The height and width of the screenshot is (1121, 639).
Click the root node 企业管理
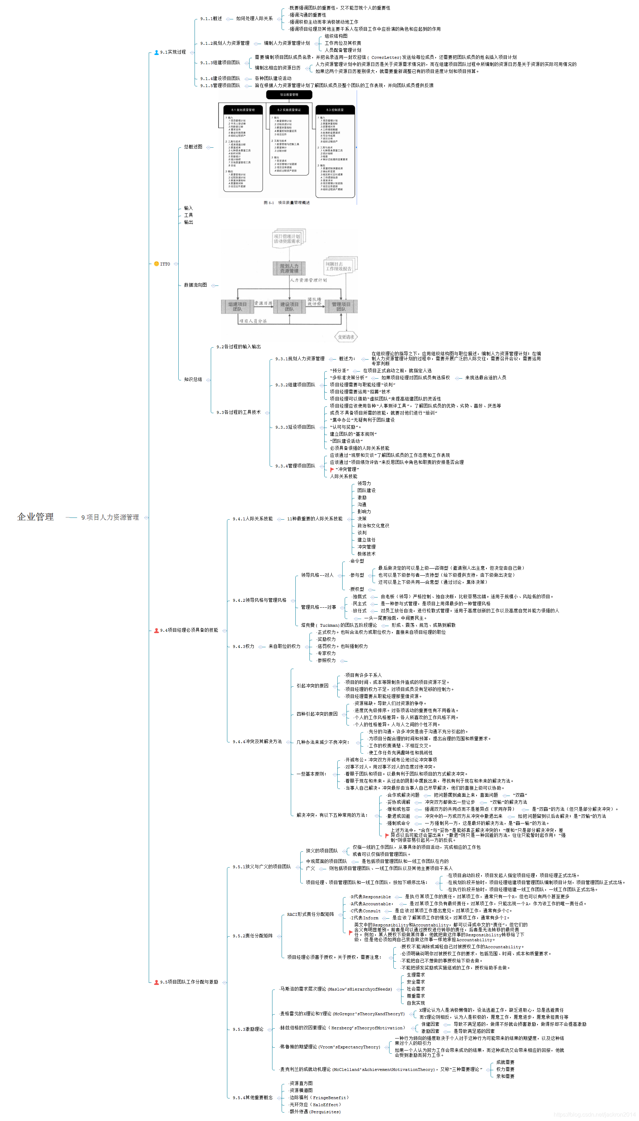coord(36,516)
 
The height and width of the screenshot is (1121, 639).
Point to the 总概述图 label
coord(193,147)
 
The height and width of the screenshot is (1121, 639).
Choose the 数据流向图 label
coord(195,285)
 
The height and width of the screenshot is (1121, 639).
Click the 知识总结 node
coord(193,379)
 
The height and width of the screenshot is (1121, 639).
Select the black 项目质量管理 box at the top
coord(289,94)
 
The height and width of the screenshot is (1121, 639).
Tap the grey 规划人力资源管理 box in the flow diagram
coord(289,268)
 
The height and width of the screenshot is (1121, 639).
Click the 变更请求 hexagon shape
coord(346,337)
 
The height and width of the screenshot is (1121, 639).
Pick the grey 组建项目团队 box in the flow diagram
coord(238,306)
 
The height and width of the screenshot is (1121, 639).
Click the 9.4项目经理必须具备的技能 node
coord(189,630)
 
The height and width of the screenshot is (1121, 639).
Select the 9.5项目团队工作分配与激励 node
coord(189,982)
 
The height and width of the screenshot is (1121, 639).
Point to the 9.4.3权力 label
coord(244,647)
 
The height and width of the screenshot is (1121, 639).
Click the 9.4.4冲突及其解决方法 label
coord(257,741)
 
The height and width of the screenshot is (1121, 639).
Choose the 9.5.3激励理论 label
coord(248,1029)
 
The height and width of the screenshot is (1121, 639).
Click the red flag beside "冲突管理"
coord(332,470)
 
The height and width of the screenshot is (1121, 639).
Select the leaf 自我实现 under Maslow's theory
coord(416,1003)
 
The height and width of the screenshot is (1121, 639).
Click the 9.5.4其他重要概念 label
coord(253,1097)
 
